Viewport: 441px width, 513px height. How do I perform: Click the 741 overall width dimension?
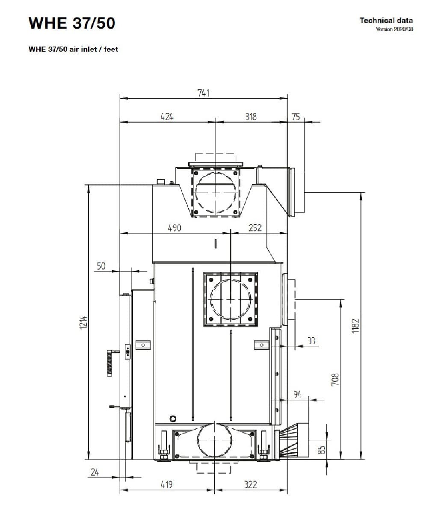(203, 93)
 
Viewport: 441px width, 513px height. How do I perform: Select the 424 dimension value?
(167, 117)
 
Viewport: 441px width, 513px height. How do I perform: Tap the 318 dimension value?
(251, 117)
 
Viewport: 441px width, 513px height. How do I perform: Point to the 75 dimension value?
(296, 116)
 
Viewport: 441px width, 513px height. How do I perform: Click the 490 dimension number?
(175, 228)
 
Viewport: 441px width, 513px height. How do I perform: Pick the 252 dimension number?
(255, 227)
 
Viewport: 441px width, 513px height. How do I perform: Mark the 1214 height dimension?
(84, 322)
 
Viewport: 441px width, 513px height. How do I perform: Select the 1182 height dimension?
(355, 326)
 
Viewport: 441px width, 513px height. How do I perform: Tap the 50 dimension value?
(101, 266)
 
